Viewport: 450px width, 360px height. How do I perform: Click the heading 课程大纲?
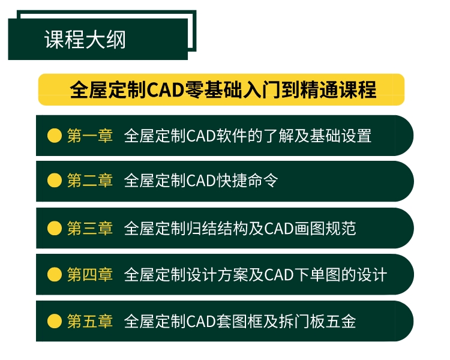(x=85, y=40)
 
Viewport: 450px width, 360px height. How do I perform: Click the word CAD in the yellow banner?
(x=166, y=90)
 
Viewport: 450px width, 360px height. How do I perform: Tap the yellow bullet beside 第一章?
(x=55, y=136)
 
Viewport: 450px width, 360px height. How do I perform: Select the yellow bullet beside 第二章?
(x=55, y=180)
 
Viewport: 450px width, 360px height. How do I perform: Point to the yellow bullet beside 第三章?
(x=55, y=228)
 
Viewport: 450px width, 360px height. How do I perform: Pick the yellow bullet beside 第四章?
(x=55, y=274)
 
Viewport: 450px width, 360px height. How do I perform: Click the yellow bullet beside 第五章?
(x=55, y=321)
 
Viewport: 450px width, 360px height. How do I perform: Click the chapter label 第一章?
(x=90, y=136)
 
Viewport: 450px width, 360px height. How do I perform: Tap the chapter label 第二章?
(x=90, y=180)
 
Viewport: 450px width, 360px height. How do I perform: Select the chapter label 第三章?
(x=90, y=228)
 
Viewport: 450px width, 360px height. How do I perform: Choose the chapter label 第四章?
(x=90, y=274)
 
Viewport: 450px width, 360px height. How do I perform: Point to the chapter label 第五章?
(x=90, y=321)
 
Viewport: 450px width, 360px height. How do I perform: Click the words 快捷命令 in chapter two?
(x=247, y=180)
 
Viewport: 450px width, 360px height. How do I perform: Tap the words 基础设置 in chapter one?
(x=341, y=136)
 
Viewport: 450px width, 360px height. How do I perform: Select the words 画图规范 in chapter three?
(x=325, y=228)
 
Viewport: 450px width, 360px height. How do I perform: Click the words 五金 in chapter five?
(x=341, y=321)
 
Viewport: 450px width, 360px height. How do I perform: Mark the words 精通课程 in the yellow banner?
(x=338, y=90)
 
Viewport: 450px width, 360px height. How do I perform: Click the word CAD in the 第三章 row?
(x=278, y=229)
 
